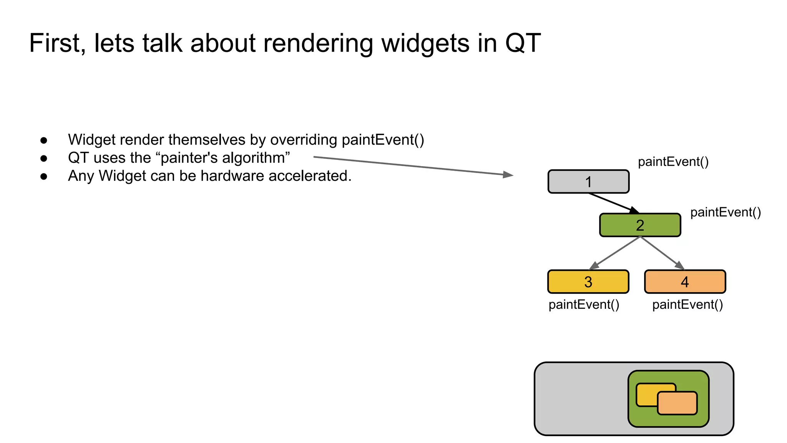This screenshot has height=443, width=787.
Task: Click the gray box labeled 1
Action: point(588,182)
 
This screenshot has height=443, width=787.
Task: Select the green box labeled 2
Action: point(640,225)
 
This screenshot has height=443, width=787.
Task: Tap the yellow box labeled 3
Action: point(588,282)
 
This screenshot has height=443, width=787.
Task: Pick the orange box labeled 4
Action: point(685,282)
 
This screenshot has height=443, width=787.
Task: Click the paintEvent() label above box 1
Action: point(673,162)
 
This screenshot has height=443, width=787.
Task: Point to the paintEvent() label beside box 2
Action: point(725,212)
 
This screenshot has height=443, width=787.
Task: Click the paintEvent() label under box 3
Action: point(584,305)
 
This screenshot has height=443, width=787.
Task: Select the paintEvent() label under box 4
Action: point(687,305)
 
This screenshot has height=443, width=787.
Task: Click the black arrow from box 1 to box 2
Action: point(613,203)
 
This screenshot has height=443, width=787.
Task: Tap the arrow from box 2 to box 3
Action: point(615,253)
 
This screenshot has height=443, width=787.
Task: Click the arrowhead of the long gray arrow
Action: point(508,175)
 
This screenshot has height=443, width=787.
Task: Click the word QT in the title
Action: point(523,43)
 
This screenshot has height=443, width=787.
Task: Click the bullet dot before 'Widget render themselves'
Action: point(44,140)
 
